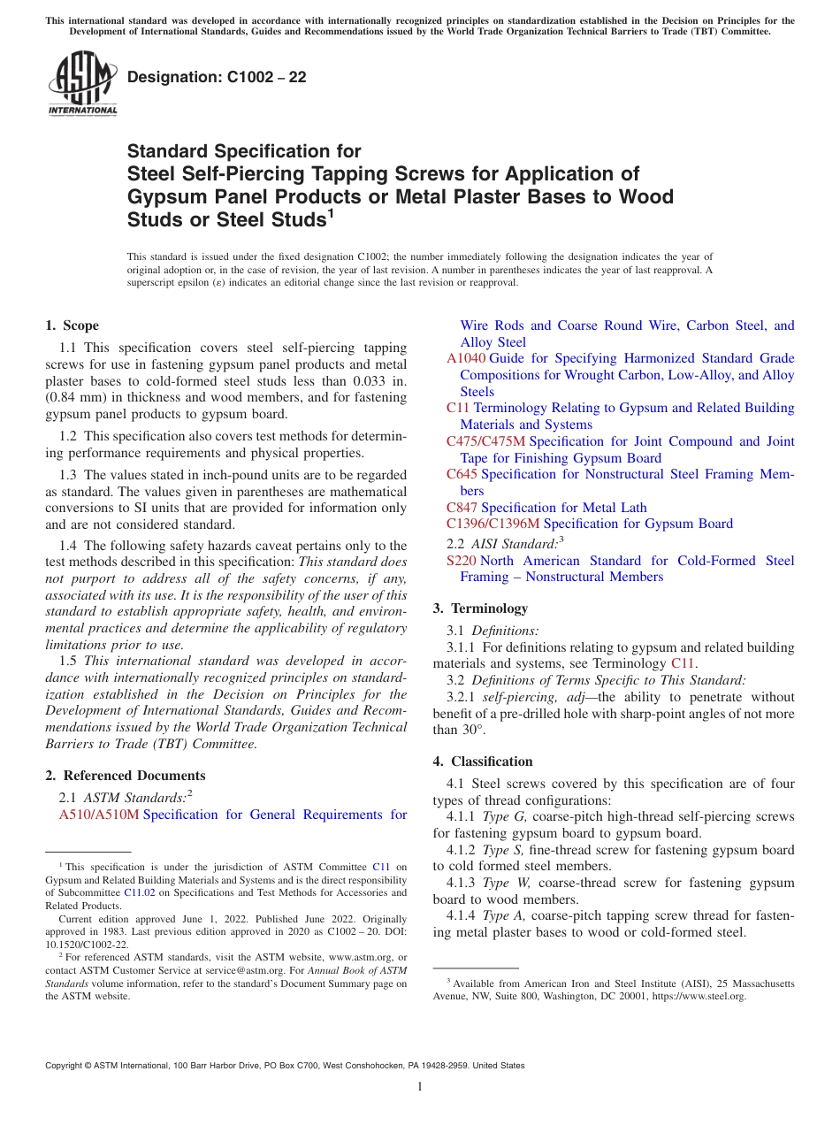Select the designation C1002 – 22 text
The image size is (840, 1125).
click(x=217, y=77)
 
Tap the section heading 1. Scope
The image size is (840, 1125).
click(x=72, y=325)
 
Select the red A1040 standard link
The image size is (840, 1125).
click(x=466, y=358)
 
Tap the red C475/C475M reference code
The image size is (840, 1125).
click(x=485, y=441)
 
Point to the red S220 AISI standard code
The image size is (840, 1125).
click(x=462, y=561)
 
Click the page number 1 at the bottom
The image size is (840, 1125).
click(x=420, y=1086)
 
